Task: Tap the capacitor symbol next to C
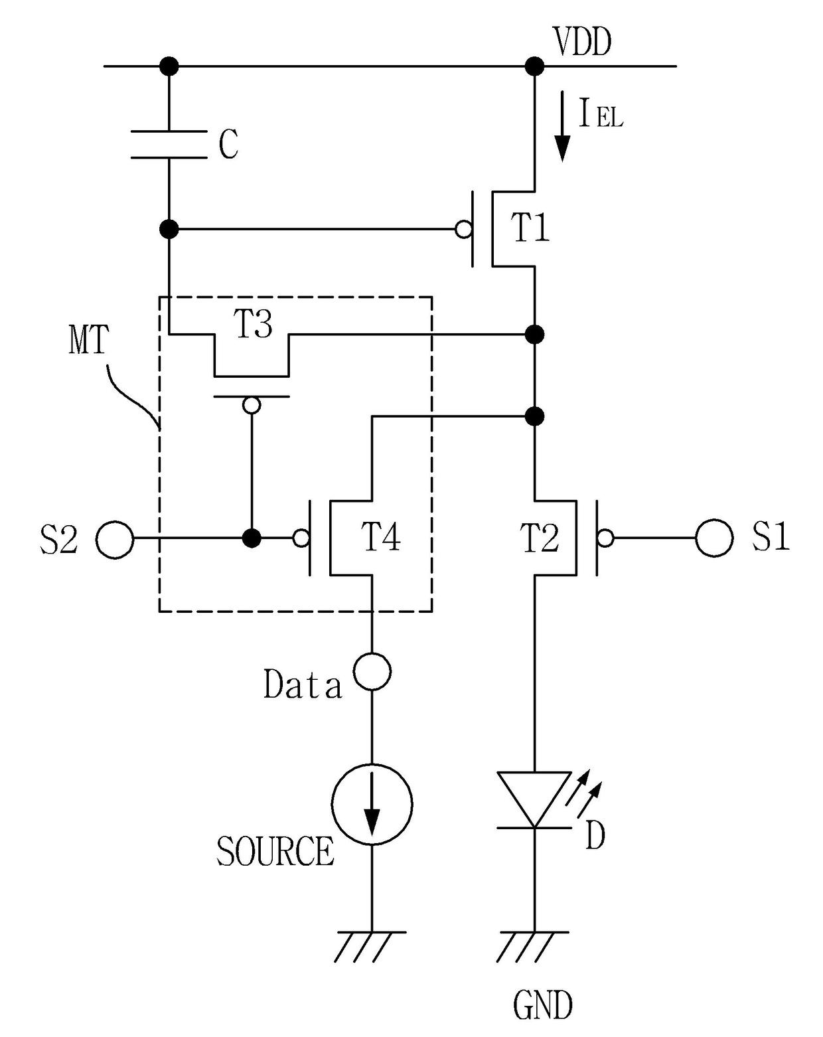[x=169, y=144]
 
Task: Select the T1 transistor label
[x=530, y=228]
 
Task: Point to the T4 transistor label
[x=381, y=537]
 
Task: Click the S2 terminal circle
[x=115, y=539]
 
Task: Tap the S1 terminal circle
[x=714, y=538]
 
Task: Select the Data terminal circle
[x=372, y=671]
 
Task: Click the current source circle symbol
[x=372, y=804]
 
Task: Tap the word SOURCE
[x=275, y=851]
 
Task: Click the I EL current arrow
[x=562, y=127]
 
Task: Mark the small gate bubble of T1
[x=463, y=229]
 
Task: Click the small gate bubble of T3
[x=252, y=405]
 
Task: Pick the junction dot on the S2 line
[x=252, y=538]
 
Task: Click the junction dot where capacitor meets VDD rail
[x=169, y=66]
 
